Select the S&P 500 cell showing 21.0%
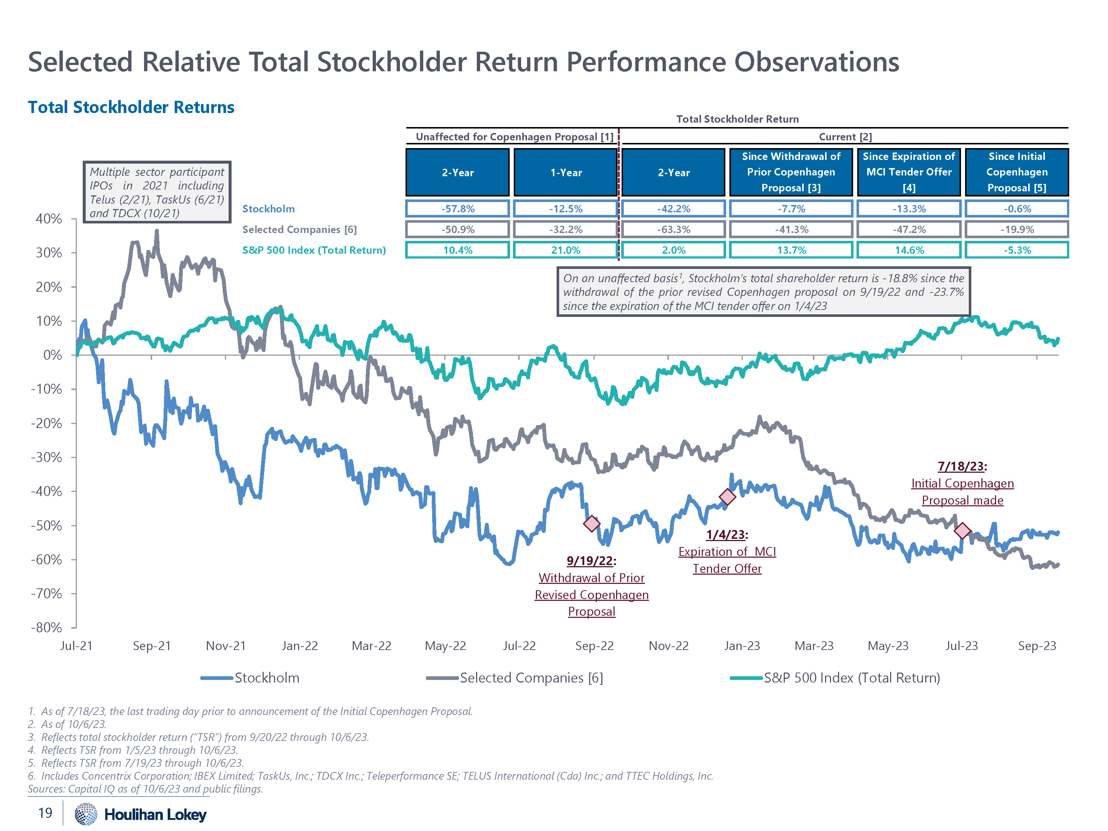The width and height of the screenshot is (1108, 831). (565, 250)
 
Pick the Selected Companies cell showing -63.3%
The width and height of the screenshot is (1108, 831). (673, 229)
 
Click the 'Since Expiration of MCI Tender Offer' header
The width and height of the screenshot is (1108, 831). (909, 172)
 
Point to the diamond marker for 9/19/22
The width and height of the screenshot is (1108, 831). (592, 524)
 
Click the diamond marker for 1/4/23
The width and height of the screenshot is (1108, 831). (727, 496)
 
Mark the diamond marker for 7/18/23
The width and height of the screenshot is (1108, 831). (962, 530)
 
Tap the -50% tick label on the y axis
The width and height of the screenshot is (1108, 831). (47, 526)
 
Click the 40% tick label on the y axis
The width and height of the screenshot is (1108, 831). (49, 219)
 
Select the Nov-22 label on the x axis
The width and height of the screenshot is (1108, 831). (668, 646)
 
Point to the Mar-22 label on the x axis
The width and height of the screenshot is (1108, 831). (371, 646)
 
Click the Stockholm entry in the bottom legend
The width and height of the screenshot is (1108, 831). (267, 678)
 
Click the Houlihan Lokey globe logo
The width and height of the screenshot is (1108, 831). (86, 814)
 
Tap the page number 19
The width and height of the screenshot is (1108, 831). (45, 813)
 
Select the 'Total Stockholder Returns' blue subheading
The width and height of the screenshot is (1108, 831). (131, 107)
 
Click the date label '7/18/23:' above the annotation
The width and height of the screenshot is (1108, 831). (962, 466)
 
